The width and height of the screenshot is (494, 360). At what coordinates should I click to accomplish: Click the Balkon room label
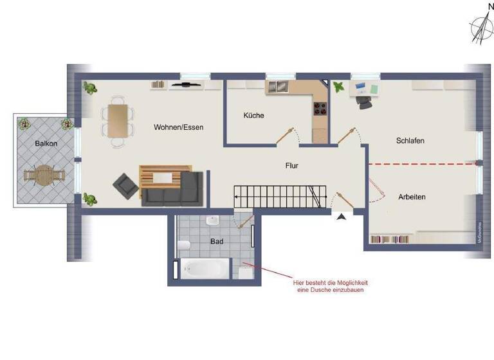click(46, 143)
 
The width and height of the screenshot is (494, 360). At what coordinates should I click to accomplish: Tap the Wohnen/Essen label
click(178, 127)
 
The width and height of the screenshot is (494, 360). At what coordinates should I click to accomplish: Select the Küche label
click(253, 116)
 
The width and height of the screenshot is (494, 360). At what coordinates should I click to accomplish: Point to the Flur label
click(292, 165)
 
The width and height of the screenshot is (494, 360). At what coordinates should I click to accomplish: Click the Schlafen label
click(410, 140)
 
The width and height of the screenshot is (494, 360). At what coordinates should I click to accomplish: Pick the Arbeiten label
click(412, 197)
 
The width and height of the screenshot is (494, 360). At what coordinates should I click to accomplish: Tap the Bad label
click(217, 242)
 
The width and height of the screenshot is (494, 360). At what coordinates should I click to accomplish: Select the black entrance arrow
click(341, 217)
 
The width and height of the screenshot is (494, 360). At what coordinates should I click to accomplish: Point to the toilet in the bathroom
click(184, 244)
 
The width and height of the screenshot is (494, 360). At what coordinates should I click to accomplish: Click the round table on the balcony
click(42, 174)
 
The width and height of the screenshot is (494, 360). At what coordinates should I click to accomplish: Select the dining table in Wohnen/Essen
click(118, 120)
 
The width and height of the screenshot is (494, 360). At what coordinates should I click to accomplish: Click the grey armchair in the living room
click(126, 186)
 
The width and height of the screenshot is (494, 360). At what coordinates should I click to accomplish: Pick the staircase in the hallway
click(277, 196)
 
